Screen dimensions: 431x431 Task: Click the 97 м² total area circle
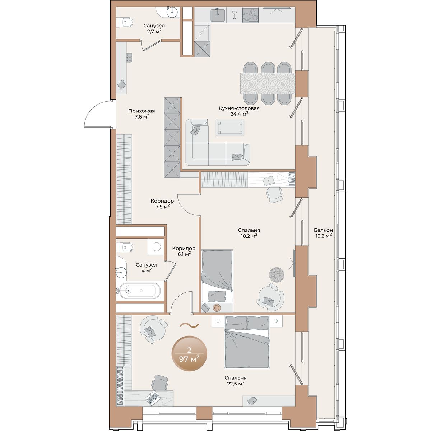click(189, 353)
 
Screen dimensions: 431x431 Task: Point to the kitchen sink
click(218, 15)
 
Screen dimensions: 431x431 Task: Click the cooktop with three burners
click(250, 15)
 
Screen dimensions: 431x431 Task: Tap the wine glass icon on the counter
click(235, 15)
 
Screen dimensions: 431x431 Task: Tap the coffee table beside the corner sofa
click(230, 128)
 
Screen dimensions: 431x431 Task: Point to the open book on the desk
click(269, 181)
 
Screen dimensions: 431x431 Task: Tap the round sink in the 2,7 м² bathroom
click(172, 11)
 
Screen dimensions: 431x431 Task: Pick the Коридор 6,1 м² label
click(184, 251)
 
